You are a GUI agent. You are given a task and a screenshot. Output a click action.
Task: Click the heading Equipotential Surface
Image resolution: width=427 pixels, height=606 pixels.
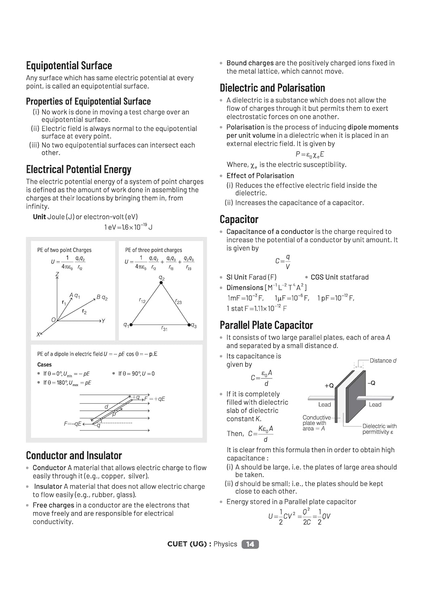point(69,66)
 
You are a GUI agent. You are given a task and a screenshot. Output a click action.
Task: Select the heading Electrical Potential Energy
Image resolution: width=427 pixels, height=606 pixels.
point(78,169)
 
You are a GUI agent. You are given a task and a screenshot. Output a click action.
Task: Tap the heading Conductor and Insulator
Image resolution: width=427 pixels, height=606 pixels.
point(74,456)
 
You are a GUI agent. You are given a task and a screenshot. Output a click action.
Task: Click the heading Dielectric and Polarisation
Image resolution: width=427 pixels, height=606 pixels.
point(272,88)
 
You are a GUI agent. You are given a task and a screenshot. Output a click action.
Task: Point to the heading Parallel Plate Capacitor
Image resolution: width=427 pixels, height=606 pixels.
point(266,325)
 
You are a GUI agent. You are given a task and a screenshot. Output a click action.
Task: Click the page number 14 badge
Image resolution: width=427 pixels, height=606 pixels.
point(250,544)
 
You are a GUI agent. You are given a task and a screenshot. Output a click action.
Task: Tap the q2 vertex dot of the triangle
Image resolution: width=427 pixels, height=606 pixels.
point(161,283)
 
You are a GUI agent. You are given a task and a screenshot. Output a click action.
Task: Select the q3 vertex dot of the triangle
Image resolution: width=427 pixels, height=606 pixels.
point(189,324)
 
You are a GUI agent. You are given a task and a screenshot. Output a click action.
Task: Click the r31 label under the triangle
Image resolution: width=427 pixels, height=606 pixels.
point(164,329)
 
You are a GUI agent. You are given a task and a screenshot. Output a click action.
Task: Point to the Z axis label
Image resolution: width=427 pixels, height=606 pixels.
point(57,274)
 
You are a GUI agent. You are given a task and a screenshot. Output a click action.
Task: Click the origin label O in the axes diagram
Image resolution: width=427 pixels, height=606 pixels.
point(53,320)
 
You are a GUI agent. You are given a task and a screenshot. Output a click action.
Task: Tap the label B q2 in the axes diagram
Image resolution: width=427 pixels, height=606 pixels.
point(102,298)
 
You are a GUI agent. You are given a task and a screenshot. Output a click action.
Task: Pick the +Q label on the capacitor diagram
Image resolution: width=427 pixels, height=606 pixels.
point(329,386)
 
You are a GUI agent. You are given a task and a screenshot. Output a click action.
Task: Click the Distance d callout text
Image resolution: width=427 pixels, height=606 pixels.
point(383,361)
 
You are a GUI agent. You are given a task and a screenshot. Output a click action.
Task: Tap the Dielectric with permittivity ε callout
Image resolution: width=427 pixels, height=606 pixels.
point(379,429)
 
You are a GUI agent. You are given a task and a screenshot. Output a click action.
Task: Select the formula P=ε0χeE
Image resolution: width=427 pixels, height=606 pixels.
point(310,154)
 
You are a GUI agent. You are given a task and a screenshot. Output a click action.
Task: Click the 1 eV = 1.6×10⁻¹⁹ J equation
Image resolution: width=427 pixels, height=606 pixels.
point(128,227)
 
